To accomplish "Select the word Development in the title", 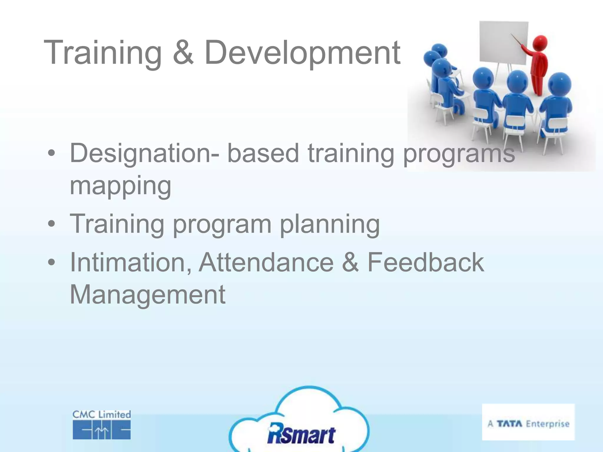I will pos(302,53).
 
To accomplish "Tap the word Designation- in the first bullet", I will pos(144,154).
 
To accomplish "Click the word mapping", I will pos(120,186).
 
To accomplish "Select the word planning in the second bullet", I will pos(330,224).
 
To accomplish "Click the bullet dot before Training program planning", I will pos(52,224).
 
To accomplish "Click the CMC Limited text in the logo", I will pos(102,415).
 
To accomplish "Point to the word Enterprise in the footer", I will pos(548,424).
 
